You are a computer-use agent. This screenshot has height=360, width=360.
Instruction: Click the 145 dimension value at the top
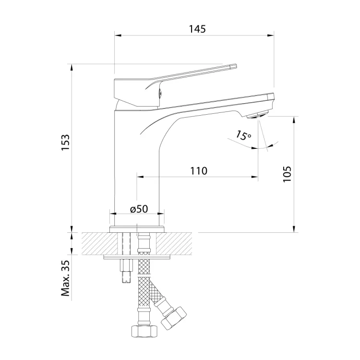(x=197, y=29)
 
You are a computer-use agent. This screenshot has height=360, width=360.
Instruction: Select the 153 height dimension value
(x=65, y=143)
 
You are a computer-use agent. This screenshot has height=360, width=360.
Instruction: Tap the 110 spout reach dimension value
(x=199, y=171)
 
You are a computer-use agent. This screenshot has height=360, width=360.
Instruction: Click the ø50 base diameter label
(x=139, y=209)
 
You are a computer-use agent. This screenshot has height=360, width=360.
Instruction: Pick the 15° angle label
(x=243, y=135)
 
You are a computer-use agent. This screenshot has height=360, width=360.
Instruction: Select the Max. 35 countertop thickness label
(x=65, y=278)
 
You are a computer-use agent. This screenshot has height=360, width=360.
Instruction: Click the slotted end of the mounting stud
(x=126, y=280)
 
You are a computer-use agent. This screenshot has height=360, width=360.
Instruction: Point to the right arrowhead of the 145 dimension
(x=270, y=36)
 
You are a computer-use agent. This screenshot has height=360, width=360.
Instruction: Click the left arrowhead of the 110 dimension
(x=140, y=177)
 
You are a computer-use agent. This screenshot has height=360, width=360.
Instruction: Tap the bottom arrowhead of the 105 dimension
(x=294, y=229)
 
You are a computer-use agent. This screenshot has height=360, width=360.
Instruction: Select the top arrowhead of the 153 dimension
(x=72, y=68)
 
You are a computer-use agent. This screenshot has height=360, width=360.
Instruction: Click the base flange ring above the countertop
(x=137, y=229)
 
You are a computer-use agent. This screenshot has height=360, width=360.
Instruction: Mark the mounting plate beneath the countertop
(x=137, y=257)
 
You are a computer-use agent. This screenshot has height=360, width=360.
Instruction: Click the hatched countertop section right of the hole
(x=174, y=243)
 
